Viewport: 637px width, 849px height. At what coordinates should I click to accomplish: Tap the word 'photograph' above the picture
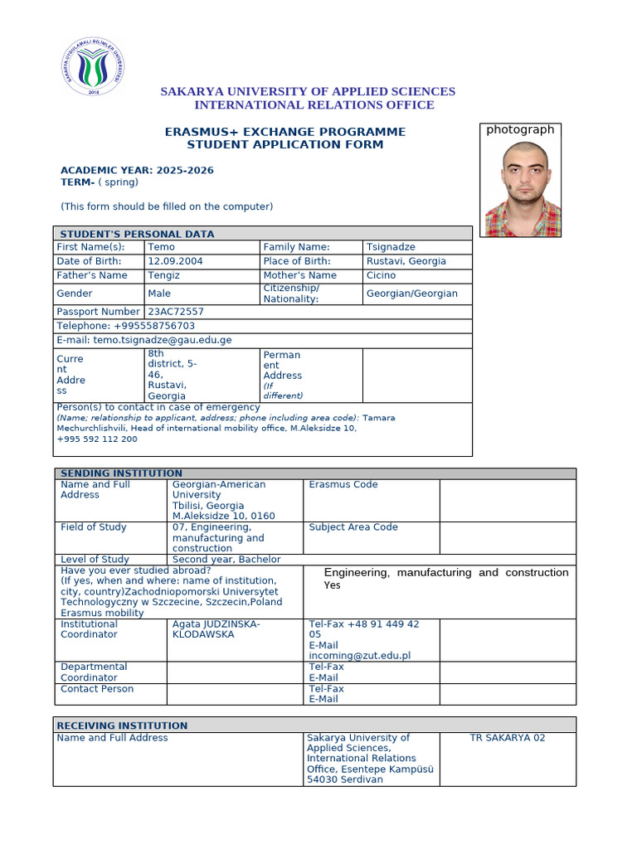(x=520, y=129)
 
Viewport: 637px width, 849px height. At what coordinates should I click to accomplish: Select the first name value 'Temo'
(x=161, y=247)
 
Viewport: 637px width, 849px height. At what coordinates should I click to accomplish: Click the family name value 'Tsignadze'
(x=391, y=247)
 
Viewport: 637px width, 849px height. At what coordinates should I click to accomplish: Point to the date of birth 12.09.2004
(x=175, y=261)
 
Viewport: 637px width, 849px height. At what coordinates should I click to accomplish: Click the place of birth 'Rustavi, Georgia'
(x=406, y=261)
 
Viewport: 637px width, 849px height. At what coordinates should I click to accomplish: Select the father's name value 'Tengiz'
(x=164, y=275)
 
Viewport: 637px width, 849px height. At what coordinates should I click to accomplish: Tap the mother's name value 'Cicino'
(x=381, y=275)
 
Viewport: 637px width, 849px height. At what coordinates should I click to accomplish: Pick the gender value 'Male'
(x=159, y=294)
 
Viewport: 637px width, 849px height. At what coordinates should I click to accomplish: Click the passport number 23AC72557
(x=176, y=312)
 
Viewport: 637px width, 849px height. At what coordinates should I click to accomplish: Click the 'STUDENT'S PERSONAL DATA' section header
(x=137, y=234)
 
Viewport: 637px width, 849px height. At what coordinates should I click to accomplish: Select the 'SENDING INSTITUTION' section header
(x=121, y=473)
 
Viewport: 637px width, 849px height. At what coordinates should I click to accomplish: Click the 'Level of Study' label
(x=95, y=560)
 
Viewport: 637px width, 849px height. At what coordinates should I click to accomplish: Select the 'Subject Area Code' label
(x=353, y=527)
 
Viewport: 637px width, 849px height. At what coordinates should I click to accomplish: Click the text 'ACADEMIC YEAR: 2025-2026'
(x=137, y=171)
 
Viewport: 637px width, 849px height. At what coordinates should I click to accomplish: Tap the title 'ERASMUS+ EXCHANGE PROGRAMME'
(x=285, y=132)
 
